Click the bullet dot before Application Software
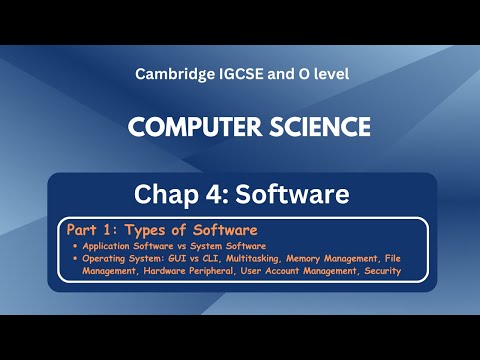[78, 246]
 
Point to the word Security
[378, 270]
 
